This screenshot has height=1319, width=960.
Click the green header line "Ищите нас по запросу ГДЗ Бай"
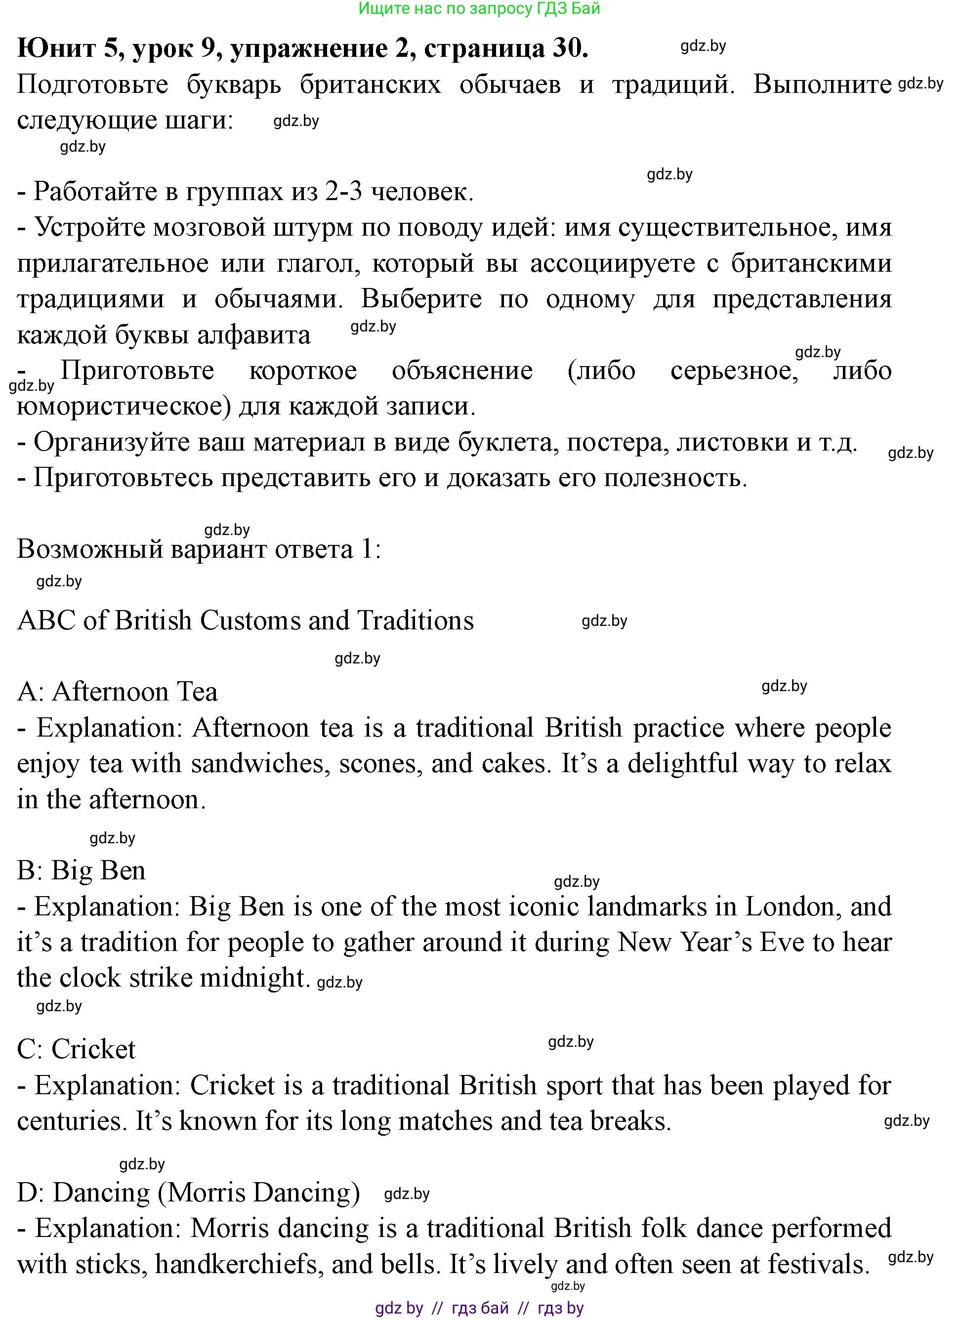tap(479, 9)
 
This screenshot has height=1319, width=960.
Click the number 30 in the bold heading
tap(570, 48)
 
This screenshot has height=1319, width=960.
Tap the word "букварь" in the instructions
tap(234, 85)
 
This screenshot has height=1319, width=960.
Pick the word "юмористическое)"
tap(121, 407)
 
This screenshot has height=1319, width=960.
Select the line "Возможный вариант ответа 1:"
tap(199, 549)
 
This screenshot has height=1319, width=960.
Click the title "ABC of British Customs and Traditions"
tap(246, 620)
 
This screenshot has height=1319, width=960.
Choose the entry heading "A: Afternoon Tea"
tap(118, 692)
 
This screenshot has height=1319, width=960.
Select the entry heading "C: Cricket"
tap(76, 1050)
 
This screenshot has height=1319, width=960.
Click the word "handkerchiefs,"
tap(239, 1264)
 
